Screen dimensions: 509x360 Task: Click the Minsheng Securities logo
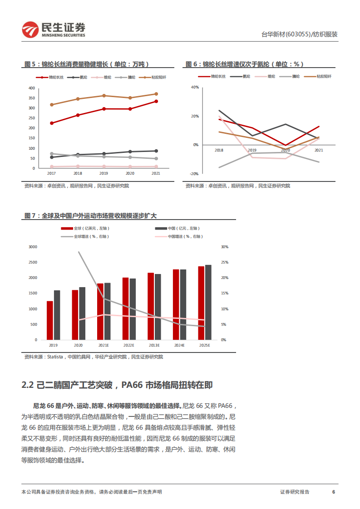(x=54, y=30)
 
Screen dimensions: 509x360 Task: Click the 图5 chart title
(x=86, y=64)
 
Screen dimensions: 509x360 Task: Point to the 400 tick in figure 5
(x=31, y=88)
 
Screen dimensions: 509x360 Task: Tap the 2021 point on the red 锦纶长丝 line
(x=156, y=101)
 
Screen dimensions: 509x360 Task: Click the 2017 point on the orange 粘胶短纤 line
(x=52, y=105)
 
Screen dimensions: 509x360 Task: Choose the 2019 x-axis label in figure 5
(x=104, y=173)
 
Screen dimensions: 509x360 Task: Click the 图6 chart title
(x=245, y=64)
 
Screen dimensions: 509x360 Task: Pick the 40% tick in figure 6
(x=195, y=87)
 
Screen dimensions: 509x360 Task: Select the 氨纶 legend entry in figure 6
(x=242, y=76)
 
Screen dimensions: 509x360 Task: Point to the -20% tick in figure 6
(x=194, y=174)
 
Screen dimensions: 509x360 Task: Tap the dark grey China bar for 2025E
(x=208, y=302)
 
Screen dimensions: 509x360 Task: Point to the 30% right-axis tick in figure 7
(x=224, y=247)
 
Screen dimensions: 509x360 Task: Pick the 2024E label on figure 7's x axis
(x=179, y=345)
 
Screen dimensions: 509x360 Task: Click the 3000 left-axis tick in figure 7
(x=32, y=247)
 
